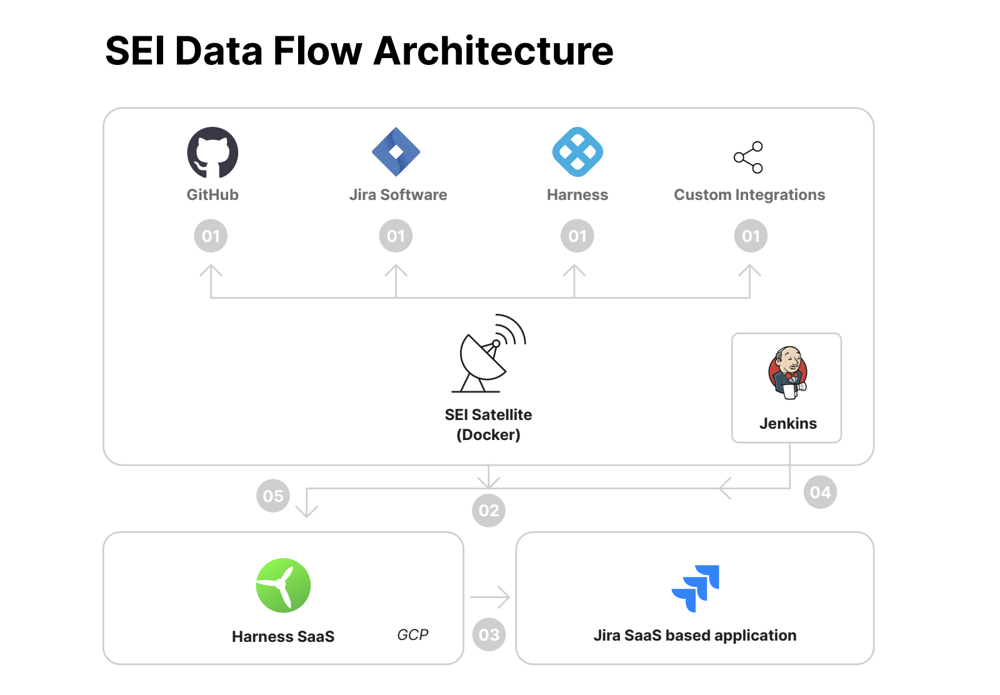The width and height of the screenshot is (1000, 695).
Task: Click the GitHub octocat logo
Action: pos(212,152)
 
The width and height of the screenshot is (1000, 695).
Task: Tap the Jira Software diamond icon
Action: pos(396,152)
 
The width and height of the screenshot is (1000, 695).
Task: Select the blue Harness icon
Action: pos(577,152)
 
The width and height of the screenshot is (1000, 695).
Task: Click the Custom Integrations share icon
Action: pos(749,157)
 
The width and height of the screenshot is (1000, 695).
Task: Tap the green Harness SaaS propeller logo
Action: pos(283,585)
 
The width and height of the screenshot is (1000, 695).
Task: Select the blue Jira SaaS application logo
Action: pos(696,587)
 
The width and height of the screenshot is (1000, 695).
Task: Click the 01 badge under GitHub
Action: pos(211,236)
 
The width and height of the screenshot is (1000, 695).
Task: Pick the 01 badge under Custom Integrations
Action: pos(751,236)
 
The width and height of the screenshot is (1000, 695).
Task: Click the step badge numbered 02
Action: pos(489,511)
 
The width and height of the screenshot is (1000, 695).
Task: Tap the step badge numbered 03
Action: pos(489,635)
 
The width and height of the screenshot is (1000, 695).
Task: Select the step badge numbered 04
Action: pos(820,492)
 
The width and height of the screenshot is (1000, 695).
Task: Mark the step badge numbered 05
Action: pos(273,496)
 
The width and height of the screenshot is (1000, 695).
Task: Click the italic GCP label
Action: pos(412,635)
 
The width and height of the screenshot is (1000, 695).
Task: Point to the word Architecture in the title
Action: pos(493,51)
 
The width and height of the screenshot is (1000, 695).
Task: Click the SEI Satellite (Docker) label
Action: pos(489,424)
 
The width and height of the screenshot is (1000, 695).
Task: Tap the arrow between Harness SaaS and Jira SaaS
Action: pos(490,597)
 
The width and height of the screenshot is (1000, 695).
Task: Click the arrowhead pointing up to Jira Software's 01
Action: pos(396,271)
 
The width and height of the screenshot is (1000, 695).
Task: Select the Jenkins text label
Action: pos(787,424)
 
